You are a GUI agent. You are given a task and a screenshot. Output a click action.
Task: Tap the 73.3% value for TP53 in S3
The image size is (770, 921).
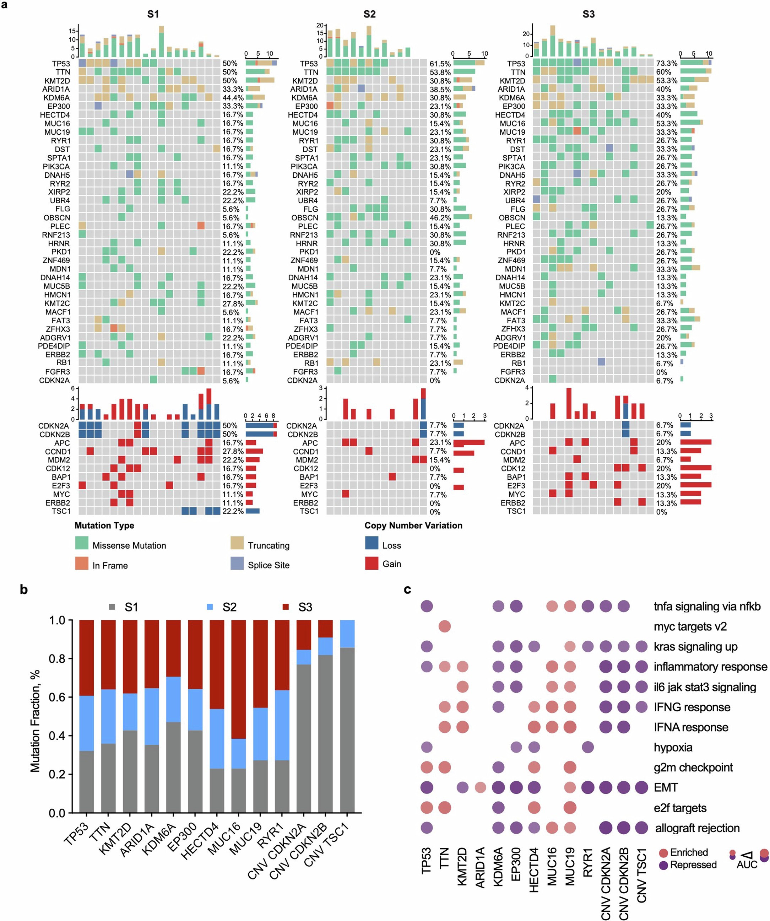click(666, 64)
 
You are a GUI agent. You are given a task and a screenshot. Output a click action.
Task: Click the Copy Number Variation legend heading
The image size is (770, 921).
click(413, 526)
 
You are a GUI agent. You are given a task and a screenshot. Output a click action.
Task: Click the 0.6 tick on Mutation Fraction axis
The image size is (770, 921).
click(57, 698)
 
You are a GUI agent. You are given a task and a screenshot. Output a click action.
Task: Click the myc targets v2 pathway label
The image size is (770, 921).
click(690, 626)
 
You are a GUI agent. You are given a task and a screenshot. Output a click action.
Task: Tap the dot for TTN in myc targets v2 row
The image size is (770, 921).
click(445, 626)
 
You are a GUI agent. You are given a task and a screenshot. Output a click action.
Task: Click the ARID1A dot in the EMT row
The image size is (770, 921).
click(480, 787)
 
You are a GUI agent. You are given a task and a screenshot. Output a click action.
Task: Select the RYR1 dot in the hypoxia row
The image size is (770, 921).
click(587, 747)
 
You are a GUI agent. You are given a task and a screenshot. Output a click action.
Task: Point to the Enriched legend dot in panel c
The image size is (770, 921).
click(663, 852)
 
